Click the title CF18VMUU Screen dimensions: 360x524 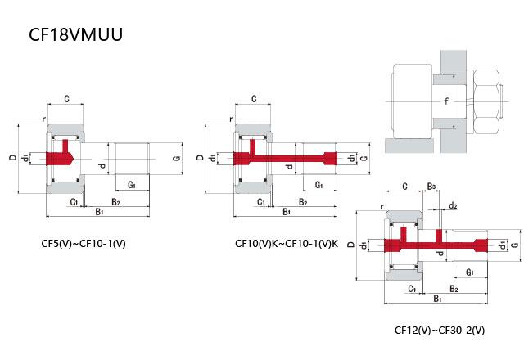tap(75, 36)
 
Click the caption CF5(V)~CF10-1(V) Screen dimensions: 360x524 tap(84, 243)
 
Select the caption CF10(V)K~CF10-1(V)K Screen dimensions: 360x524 tap(286, 243)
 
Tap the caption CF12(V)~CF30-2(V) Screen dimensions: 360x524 tap(439, 331)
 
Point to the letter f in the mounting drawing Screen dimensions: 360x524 tap(445, 101)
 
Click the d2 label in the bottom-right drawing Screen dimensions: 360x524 tap(453, 206)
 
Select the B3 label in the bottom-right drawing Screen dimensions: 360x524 tap(431, 187)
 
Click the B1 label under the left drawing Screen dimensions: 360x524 tap(99, 212)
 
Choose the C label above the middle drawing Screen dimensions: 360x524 tap(254, 99)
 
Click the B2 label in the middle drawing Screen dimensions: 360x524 tap(303, 201)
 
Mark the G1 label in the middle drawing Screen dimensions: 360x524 tap(319, 185)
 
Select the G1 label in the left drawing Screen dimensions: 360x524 tap(131, 185)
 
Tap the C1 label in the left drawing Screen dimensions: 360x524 tap(73, 201)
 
